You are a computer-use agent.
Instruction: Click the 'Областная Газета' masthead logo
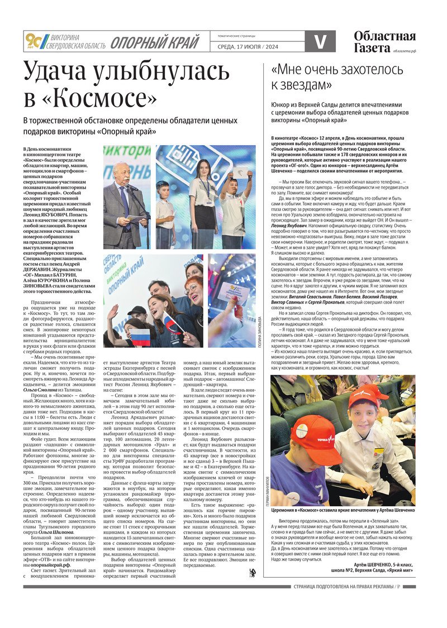click(384, 41)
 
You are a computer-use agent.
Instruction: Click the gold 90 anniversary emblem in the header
click(32, 41)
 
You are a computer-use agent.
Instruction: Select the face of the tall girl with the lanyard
click(202, 168)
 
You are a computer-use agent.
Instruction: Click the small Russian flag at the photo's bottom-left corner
click(125, 338)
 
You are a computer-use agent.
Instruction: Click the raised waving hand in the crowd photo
click(113, 313)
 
